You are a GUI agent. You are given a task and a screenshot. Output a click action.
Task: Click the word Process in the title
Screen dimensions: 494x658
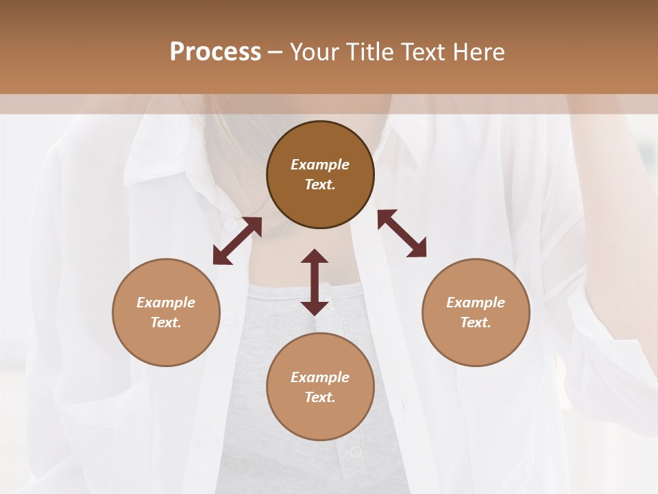click(215, 52)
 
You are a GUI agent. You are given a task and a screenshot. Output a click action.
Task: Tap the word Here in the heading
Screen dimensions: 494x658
click(478, 52)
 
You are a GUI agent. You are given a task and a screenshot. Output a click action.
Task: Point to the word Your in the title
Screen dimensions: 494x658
click(316, 52)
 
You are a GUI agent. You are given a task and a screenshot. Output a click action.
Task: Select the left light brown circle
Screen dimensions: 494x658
click(166, 312)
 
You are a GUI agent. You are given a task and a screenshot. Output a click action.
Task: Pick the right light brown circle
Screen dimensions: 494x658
click(476, 312)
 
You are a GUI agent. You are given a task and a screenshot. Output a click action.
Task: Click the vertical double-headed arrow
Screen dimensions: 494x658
click(315, 282)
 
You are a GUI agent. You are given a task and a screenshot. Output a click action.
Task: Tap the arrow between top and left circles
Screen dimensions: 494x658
click(237, 241)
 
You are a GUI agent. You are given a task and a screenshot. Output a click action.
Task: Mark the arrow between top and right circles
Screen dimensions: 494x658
click(402, 233)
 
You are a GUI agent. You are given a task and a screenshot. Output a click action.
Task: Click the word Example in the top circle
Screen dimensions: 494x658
click(320, 165)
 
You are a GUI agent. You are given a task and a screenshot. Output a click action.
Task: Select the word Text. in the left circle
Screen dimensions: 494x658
click(166, 322)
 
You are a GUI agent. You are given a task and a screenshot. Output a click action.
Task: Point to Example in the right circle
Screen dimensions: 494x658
click(476, 303)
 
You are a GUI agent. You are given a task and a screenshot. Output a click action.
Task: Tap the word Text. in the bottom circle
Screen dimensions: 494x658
click(320, 397)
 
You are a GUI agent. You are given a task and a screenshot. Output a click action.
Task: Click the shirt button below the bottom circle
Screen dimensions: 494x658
click(356, 452)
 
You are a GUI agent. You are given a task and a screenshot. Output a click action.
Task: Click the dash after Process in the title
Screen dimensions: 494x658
click(276, 53)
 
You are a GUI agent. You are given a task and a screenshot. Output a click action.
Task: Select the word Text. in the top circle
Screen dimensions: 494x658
click(320, 185)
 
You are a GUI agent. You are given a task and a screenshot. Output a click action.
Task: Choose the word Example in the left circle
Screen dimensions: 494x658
click(166, 303)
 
